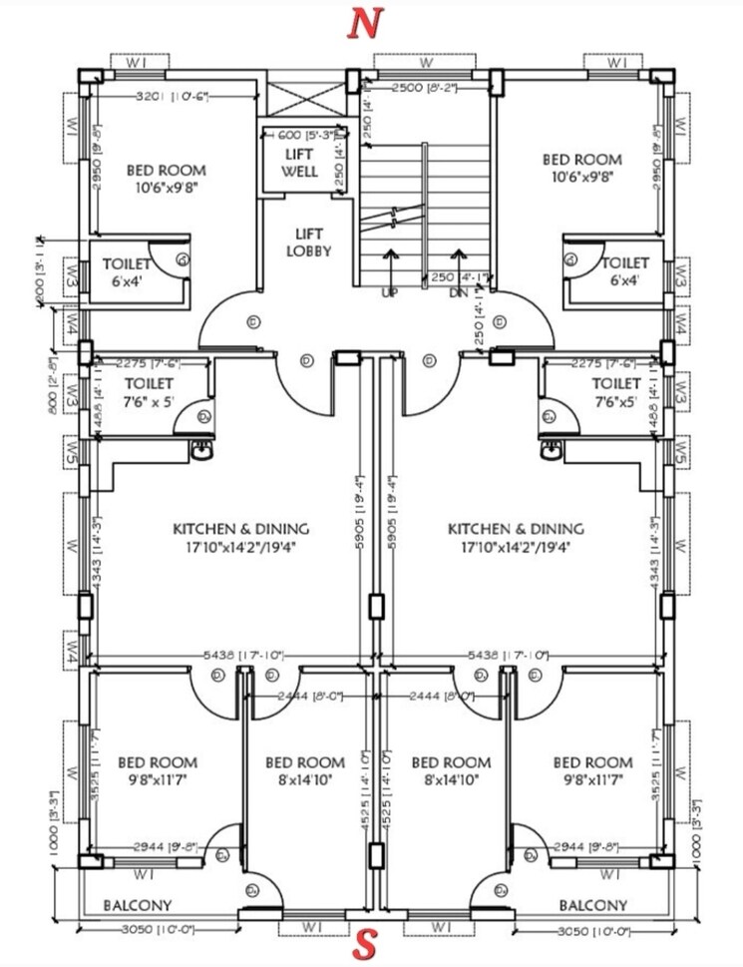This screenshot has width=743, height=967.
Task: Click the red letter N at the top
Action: (x=365, y=25)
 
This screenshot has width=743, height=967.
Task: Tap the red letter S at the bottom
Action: (x=365, y=944)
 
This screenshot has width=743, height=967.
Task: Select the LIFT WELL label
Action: (x=299, y=163)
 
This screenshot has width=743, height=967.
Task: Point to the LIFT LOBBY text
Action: (x=307, y=242)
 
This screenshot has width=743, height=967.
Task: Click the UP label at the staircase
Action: (x=389, y=293)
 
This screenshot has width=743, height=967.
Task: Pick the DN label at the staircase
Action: (x=459, y=293)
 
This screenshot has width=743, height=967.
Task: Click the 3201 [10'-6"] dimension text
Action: (x=179, y=96)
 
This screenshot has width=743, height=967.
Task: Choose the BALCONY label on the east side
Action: (x=593, y=905)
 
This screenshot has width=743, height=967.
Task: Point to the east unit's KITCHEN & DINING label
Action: (x=516, y=538)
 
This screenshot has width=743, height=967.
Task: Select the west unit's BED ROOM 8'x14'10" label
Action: (x=305, y=771)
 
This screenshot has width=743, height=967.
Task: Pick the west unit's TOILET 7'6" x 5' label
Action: (x=149, y=392)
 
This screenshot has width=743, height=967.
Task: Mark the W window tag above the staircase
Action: (x=427, y=62)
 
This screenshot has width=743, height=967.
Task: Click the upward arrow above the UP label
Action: (x=389, y=264)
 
